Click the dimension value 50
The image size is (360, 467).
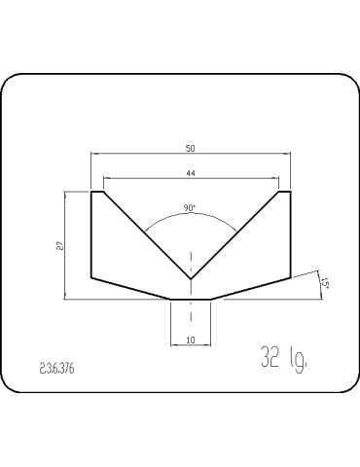pyautogui.click(x=191, y=149)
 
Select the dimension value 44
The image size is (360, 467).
pyautogui.click(x=191, y=173)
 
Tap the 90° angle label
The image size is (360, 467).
pyautogui.click(x=190, y=208)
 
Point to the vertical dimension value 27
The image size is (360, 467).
pyautogui.click(x=60, y=246)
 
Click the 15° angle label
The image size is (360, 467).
pyautogui.click(x=325, y=283)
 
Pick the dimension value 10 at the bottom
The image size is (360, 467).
pyautogui.click(x=191, y=340)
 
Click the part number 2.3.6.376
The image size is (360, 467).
pyautogui.click(x=56, y=369)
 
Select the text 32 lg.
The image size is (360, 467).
pyautogui.click(x=284, y=359)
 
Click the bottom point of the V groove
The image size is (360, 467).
pyautogui.click(x=191, y=279)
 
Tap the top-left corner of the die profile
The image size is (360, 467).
pyautogui.click(x=91, y=192)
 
